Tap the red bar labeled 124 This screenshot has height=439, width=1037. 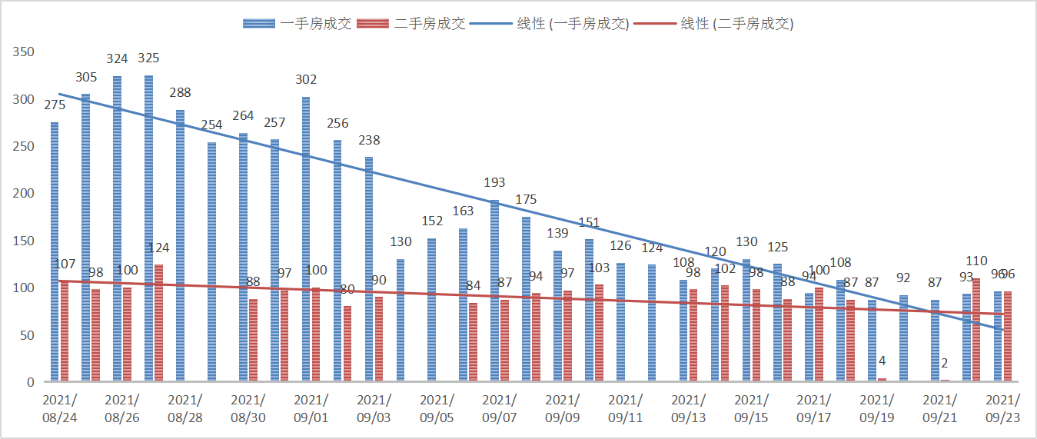(x=158, y=323)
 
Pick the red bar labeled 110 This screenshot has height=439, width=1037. (x=976, y=330)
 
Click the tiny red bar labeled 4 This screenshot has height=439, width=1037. (x=882, y=379)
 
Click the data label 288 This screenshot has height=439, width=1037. (x=180, y=93)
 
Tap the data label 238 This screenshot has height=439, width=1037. (x=369, y=141)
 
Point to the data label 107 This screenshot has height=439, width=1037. (x=65, y=264)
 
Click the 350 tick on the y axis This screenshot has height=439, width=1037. (x=25, y=52)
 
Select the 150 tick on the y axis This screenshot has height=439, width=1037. (x=25, y=241)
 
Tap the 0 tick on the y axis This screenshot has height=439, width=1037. (x=32, y=382)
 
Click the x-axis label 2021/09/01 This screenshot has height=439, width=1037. (x=311, y=407)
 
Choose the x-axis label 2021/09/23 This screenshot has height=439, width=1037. (x=1002, y=407)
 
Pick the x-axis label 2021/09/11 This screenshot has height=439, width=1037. (x=626, y=407)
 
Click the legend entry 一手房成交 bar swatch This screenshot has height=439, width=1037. (x=259, y=23)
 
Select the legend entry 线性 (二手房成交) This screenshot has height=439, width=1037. (x=736, y=23)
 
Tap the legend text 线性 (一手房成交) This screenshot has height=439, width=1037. (x=573, y=23)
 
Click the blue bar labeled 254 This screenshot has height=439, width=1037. (x=211, y=261)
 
